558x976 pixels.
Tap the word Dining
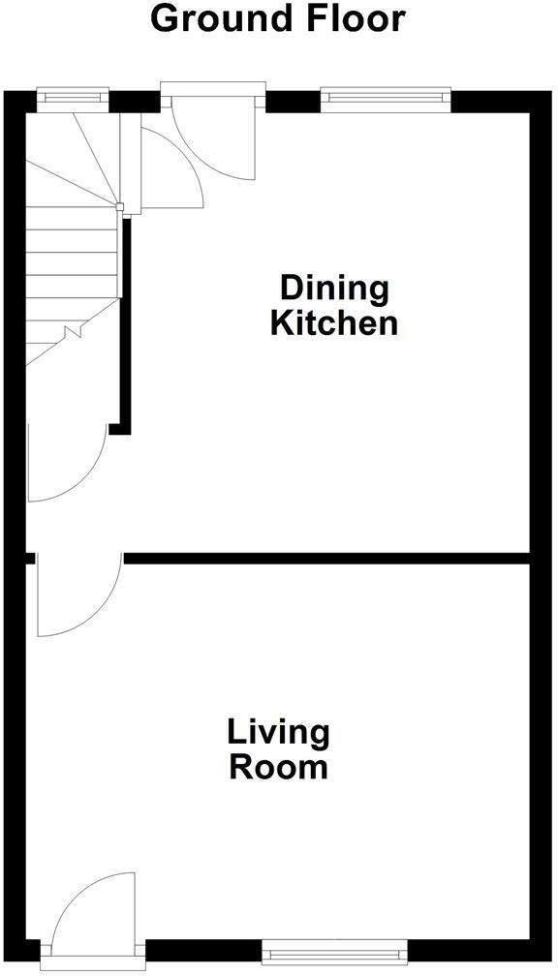pos(333,289)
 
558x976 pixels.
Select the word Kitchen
pos(333,323)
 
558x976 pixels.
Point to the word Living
pos(278,733)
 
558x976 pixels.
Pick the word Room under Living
pos(278,768)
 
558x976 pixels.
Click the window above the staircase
pos(72,96)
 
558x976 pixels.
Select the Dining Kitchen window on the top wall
pos(386,96)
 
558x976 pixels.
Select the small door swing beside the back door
pos(170,170)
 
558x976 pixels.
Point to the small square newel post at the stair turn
pos(120,206)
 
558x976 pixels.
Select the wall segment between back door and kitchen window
pos(293,100)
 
